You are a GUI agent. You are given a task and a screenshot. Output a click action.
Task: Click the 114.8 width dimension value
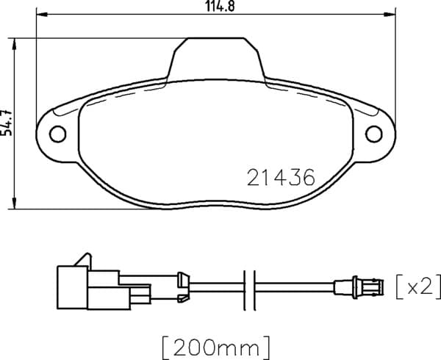click(x=220, y=6)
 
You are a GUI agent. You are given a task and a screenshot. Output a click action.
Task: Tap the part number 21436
click(x=281, y=178)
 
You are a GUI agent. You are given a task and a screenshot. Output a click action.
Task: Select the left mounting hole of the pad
click(x=57, y=134)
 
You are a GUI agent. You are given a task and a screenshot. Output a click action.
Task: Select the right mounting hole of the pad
click(x=374, y=134)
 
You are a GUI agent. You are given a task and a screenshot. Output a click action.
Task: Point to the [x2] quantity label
click(x=418, y=287)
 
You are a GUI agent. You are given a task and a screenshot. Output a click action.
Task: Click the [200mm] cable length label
click(x=216, y=348)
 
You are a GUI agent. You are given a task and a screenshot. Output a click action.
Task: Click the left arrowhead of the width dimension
click(x=43, y=14)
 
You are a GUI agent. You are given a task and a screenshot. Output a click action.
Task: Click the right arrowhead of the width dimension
click(x=390, y=14)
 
